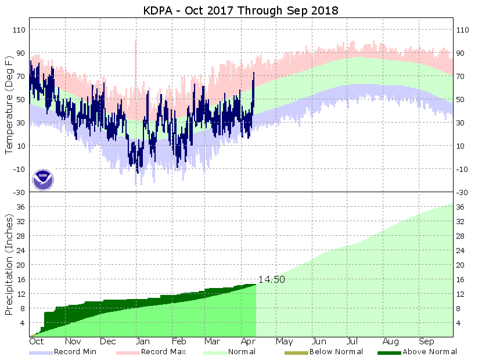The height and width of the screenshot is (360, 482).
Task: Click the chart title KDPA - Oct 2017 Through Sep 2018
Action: point(241,10)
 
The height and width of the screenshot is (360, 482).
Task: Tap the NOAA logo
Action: point(43,179)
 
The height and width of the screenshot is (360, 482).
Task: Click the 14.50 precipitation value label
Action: point(272,279)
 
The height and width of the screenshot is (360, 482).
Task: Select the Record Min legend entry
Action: point(75,352)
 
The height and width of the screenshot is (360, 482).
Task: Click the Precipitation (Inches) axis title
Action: point(9,264)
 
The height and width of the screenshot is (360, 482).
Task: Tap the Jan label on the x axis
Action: point(143,341)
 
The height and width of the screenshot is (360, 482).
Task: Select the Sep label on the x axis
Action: point(426,341)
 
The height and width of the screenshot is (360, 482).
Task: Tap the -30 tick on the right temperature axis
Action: point(463,192)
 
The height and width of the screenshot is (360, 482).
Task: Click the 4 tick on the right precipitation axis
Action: point(460,323)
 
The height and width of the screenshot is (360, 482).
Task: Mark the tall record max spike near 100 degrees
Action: point(135,44)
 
